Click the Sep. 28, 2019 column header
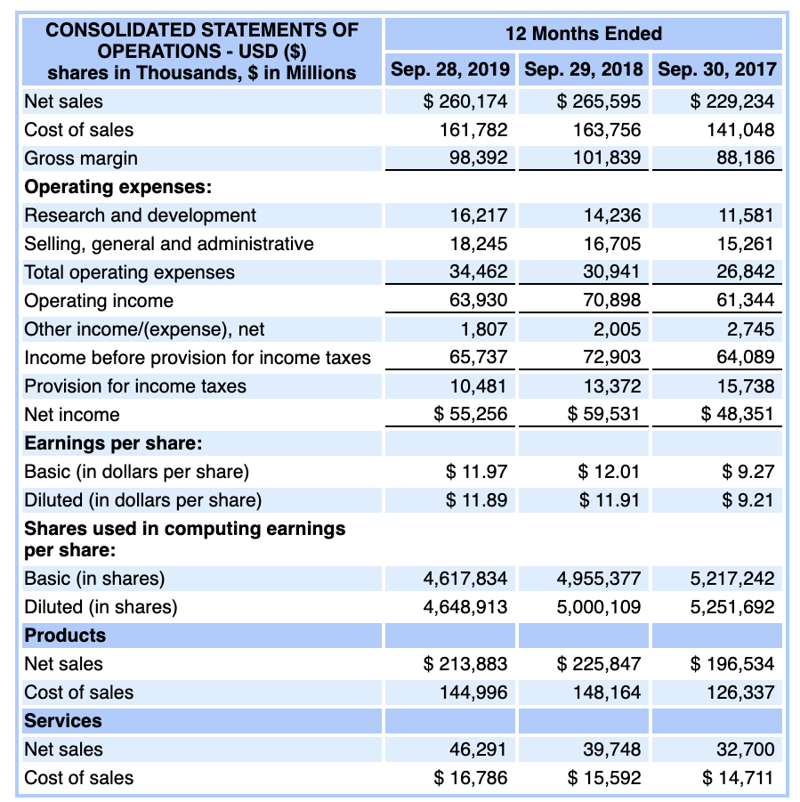tap(450, 69)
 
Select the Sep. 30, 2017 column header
tap(716, 69)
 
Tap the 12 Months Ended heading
tap(583, 34)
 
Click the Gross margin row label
tap(81, 158)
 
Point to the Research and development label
tap(140, 215)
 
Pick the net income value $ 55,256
tap(471, 415)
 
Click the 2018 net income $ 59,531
tap(604, 415)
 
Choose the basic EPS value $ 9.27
tap(749, 472)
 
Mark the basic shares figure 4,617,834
tap(465, 579)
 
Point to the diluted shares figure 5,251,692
tap(732, 607)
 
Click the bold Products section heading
tap(65, 636)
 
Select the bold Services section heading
tap(63, 721)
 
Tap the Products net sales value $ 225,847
tap(599, 664)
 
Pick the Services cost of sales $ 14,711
tap(738, 778)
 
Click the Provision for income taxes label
tap(135, 386)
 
